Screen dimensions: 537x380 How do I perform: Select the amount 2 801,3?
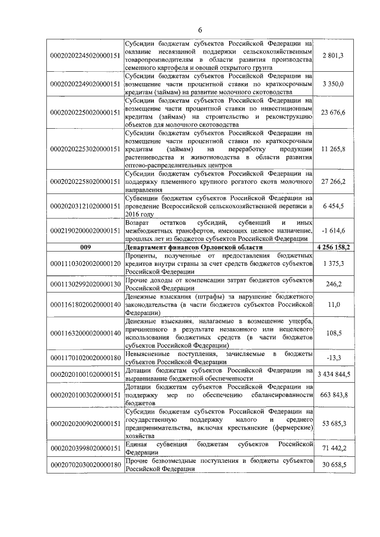click(333, 55)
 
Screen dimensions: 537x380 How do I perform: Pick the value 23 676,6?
click(333, 113)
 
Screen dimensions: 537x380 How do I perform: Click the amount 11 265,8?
click(333, 150)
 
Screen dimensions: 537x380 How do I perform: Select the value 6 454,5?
click(333, 205)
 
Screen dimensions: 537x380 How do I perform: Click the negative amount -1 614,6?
click(333, 230)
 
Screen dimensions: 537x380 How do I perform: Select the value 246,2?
click(333, 284)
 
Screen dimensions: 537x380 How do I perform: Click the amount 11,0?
click(333, 304)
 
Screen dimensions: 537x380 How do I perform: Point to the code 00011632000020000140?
click(85, 333)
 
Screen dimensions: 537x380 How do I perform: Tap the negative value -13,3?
click(333, 358)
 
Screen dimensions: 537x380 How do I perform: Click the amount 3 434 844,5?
click(333, 374)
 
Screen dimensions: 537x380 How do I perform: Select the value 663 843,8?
click(333, 395)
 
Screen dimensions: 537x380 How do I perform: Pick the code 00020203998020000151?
click(85, 449)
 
